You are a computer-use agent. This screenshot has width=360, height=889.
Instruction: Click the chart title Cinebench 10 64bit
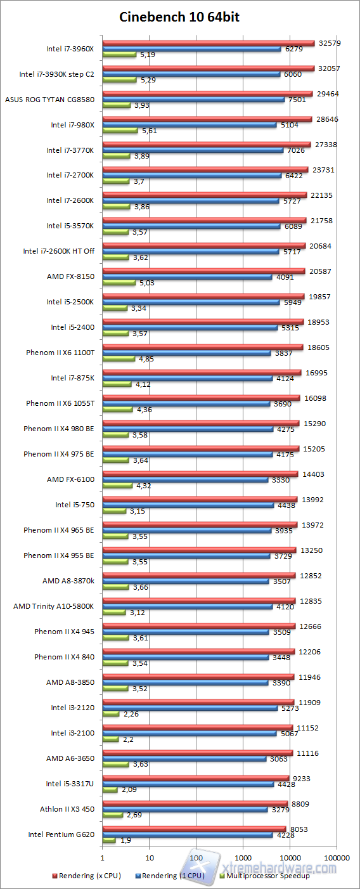click(x=179, y=17)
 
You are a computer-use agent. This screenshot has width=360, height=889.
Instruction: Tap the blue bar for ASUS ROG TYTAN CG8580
click(x=193, y=100)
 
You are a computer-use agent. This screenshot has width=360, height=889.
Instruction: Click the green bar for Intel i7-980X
click(x=120, y=131)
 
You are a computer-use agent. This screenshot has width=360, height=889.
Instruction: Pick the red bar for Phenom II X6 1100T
click(x=202, y=347)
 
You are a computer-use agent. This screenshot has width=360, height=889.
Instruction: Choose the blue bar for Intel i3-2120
click(x=190, y=708)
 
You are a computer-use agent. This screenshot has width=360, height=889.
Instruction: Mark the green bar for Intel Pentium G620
click(x=109, y=841)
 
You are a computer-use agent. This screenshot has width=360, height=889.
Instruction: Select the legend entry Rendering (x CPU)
click(x=83, y=876)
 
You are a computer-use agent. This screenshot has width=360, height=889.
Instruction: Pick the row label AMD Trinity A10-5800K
click(x=54, y=606)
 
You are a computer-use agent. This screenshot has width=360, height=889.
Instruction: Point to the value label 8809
click(x=301, y=804)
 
